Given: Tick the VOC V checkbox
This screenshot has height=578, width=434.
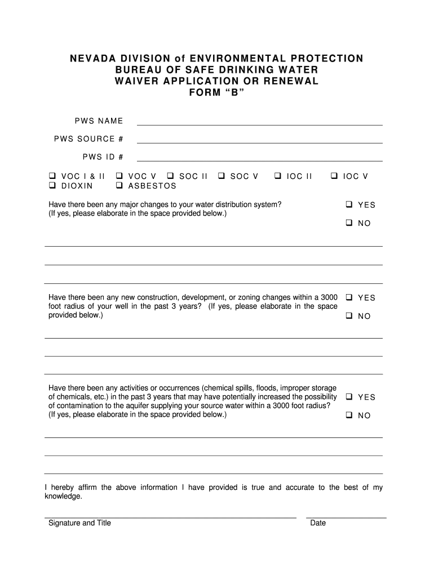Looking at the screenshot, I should pyautogui.click(x=119, y=176).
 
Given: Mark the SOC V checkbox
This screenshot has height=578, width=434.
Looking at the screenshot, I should pyautogui.click(x=222, y=176).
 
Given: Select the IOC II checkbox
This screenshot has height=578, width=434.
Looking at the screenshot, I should pyautogui.click(x=278, y=176).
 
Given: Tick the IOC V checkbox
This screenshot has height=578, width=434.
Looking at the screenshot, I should pyautogui.click(x=334, y=176).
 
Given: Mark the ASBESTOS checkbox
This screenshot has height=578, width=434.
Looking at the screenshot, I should pyautogui.click(x=119, y=185).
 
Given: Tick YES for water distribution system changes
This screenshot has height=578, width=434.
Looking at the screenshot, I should pyautogui.click(x=349, y=204).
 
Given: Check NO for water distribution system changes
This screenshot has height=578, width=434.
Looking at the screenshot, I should pyautogui.click(x=349, y=223).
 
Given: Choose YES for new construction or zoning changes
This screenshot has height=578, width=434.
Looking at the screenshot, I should pyautogui.click(x=349, y=297).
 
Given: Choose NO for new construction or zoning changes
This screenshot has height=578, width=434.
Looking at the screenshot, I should pyautogui.click(x=349, y=316).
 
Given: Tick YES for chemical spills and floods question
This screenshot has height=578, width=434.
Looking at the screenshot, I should pyautogui.click(x=349, y=396).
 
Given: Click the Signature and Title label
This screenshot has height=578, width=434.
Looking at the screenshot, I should pyautogui.click(x=79, y=523).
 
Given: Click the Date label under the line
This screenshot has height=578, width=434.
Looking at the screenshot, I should pyautogui.click(x=318, y=523).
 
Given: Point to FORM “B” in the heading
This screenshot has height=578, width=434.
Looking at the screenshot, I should pyautogui.click(x=217, y=93).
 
